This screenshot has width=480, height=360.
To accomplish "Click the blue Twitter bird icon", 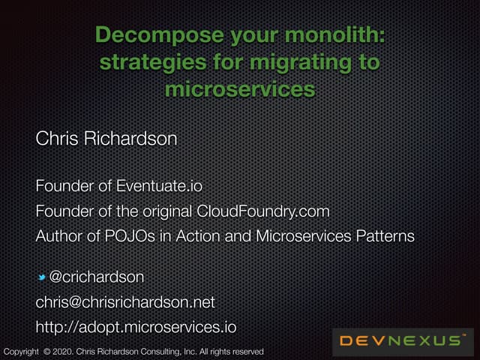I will (x=43, y=278).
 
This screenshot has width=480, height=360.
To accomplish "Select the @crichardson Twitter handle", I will (x=96, y=277).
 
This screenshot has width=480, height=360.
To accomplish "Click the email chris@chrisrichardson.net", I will (x=125, y=302).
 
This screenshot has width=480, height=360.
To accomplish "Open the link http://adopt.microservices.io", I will (x=136, y=328).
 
